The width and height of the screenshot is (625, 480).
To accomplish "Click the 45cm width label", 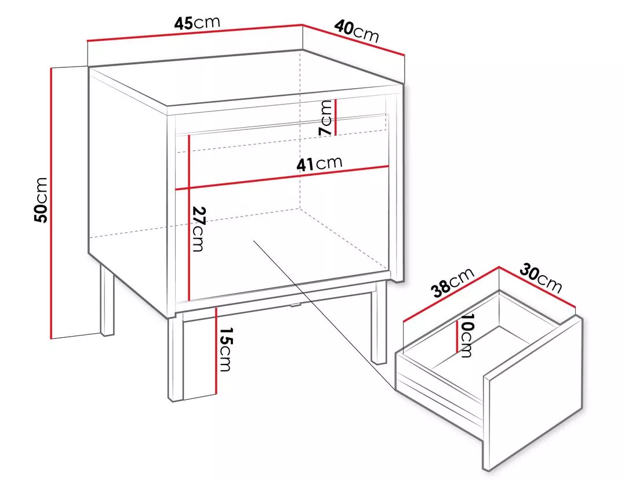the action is [197, 23].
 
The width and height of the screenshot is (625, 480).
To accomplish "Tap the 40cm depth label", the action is [356, 31].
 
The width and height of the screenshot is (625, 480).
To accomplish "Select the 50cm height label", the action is [41, 200].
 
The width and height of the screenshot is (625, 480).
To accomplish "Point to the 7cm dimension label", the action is [326, 117].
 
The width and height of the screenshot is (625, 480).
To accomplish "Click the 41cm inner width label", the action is [319, 163].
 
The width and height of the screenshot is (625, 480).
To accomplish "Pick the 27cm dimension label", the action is [198, 229].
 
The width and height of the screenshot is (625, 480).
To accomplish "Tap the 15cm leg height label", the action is [225, 349].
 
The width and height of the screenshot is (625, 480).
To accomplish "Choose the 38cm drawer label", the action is [454, 283].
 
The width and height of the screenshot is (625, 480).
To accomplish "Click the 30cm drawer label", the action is [540, 277].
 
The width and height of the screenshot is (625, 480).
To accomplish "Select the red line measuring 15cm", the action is [216, 350].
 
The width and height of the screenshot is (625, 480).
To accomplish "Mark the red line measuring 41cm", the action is [282, 178].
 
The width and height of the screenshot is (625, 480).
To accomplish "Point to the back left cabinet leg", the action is [107, 299].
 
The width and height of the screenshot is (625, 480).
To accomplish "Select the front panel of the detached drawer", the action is [534, 393].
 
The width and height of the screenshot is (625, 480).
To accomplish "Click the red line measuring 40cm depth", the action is [354, 40].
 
